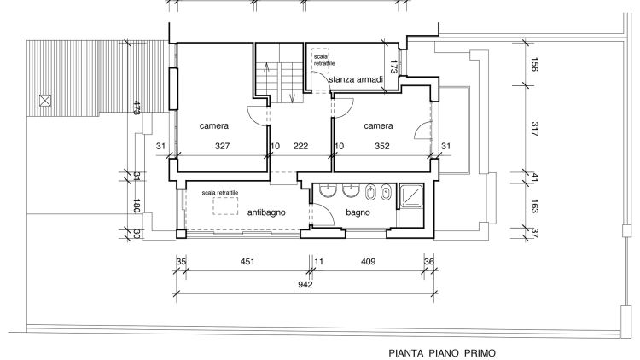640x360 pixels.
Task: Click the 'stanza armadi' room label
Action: click(x=356, y=79)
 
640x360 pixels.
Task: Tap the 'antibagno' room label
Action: click(x=266, y=212)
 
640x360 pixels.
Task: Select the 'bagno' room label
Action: click(x=358, y=212)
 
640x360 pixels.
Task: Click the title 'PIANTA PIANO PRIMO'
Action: click(x=442, y=353)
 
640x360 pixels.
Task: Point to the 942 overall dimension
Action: click(x=305, y=284)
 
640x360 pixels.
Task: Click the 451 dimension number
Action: click(x=247, y=262)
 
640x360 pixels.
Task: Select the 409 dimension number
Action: click(x=368, y=262)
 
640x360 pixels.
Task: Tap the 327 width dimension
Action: click(x=223, y=146)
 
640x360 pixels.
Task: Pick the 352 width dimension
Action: click(x=382, y=146)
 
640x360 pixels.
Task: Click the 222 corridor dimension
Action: click(x=301, y=146)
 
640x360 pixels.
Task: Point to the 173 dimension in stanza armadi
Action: click(x=393, y=67)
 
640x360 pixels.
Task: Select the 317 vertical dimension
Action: click(x=535, y=129)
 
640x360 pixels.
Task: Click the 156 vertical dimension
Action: click(x=535, y=64)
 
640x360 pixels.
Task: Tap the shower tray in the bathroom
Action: click(x=411, y=196)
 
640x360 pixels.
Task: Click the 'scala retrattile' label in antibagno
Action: click(x=219, y=193)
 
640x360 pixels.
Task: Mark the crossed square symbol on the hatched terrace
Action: click(x=45, y=101)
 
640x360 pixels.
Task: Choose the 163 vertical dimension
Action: click(x=535, y=206)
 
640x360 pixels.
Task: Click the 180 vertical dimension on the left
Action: click(x=137, y=206)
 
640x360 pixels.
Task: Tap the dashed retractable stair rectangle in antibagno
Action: click(x=225, y=206)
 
